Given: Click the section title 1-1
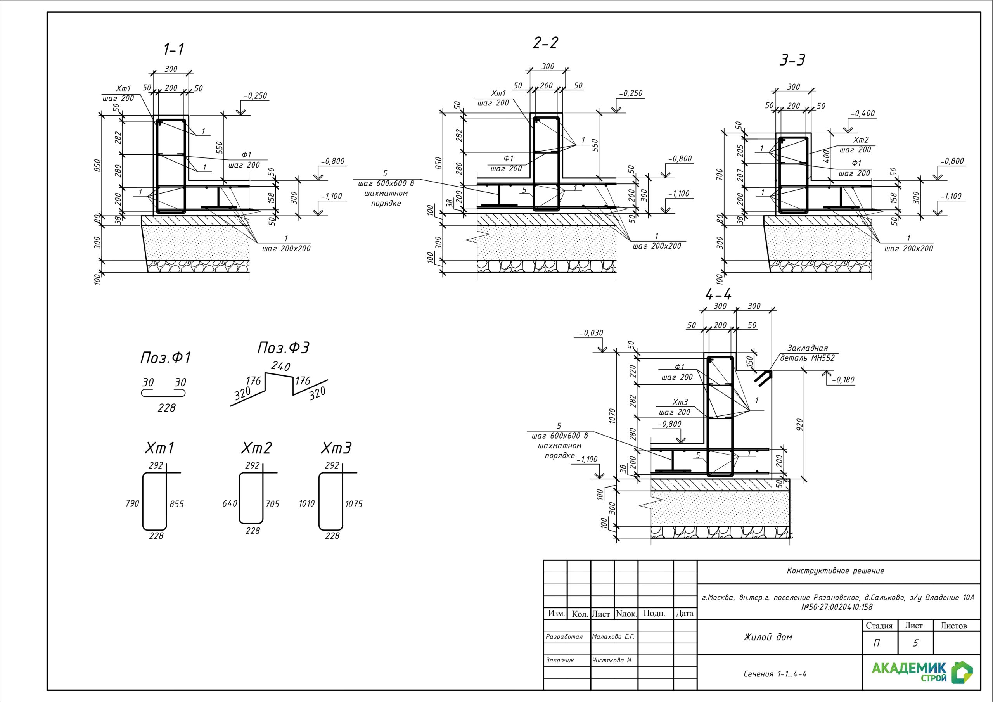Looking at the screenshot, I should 173,50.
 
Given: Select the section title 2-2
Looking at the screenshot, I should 545,43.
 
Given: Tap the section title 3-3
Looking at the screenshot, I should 792,60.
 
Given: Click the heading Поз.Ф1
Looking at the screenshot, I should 165,358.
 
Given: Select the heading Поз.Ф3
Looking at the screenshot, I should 283,348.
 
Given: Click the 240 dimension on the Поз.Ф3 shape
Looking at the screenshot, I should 280,367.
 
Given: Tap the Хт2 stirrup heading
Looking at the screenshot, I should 256,448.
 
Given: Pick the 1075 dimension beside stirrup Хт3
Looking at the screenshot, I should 354,504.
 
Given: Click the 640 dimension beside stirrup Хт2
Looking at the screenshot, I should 230,503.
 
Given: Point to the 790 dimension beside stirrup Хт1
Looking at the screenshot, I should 132,503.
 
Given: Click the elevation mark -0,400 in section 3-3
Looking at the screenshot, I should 862,113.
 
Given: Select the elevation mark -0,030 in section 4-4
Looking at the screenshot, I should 591,333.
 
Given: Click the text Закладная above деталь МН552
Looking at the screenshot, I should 807,348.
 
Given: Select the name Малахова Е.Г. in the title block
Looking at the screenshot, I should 613,637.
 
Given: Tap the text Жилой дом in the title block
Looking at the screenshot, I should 768,637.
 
